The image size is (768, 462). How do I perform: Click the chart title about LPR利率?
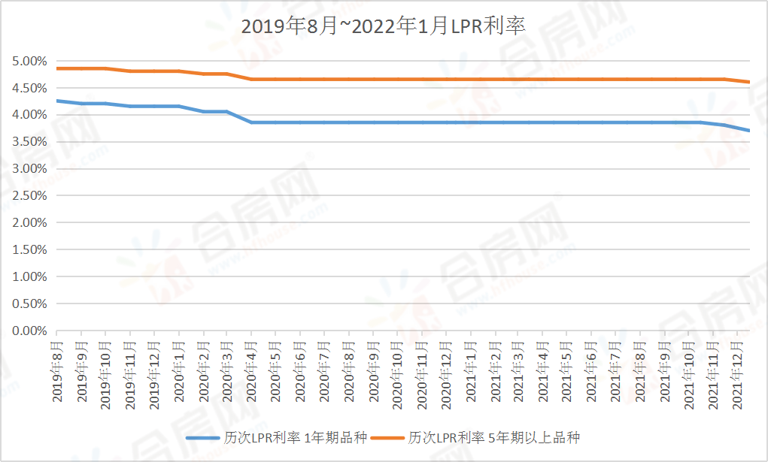tap(383, 26)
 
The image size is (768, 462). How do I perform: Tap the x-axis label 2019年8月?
tap(57, 373)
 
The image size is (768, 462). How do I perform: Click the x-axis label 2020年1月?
tap(179, 373)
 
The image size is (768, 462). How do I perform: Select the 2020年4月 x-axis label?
tap(252, 373)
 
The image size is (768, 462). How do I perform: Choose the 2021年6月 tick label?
tap(592, 373)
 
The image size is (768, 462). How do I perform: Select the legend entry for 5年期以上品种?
tap(494, 437)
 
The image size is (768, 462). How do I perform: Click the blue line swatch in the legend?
tap(203, 437)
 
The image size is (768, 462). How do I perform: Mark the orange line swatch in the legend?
tap(387, 437)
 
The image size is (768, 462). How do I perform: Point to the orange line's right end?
tap(749, 82)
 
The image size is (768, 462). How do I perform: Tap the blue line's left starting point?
tap(57, 101)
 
